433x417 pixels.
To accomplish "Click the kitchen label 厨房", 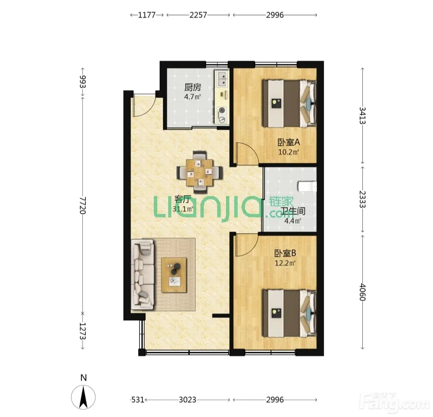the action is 193,87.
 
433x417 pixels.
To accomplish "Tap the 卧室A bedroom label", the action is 289,142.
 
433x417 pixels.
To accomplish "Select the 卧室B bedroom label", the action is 285,253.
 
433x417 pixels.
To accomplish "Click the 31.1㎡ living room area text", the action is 183,209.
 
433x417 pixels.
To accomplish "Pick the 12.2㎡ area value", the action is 285,263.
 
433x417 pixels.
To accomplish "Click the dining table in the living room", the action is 200,172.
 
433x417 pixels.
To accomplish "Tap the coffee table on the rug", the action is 174,275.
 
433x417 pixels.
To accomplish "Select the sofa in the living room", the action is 143,274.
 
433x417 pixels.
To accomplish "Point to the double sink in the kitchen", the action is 222,78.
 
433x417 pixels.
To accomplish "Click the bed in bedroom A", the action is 289,103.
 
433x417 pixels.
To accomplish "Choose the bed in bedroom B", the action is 289,313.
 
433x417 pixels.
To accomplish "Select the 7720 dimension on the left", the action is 83,205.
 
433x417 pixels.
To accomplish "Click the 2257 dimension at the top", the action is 198,15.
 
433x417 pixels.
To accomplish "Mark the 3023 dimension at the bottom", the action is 188,400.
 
